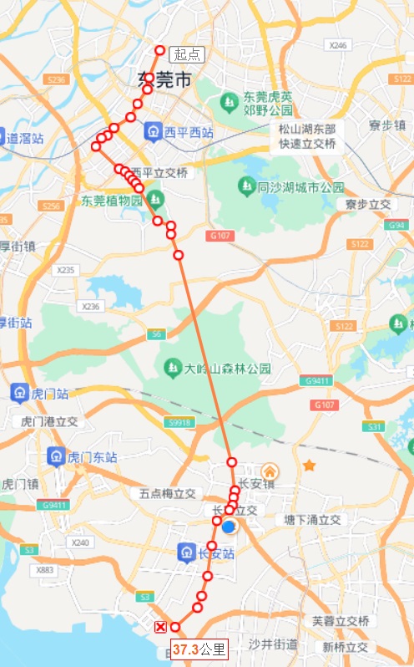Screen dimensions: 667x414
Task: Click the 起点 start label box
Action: tap(187, 54)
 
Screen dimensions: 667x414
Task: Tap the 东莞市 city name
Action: tap(164, 80)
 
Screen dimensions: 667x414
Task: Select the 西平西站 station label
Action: tap(189, 132)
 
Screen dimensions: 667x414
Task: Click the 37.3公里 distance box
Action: tap(199, 649)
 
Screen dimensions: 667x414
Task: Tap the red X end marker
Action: tap(160, 627)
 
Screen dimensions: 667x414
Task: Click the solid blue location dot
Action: tap(229, 527)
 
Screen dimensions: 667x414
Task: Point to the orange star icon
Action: tap(310, 465)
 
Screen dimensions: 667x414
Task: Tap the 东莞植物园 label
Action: tap(113, 201)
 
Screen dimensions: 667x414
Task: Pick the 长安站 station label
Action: tap(217, 552)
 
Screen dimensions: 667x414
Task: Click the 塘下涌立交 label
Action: tap(313, 520)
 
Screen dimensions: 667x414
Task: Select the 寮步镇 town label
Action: tap(386, 125)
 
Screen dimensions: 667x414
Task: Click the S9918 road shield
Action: tap(181, 422)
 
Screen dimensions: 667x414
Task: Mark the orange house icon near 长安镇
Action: tap(270, 471)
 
